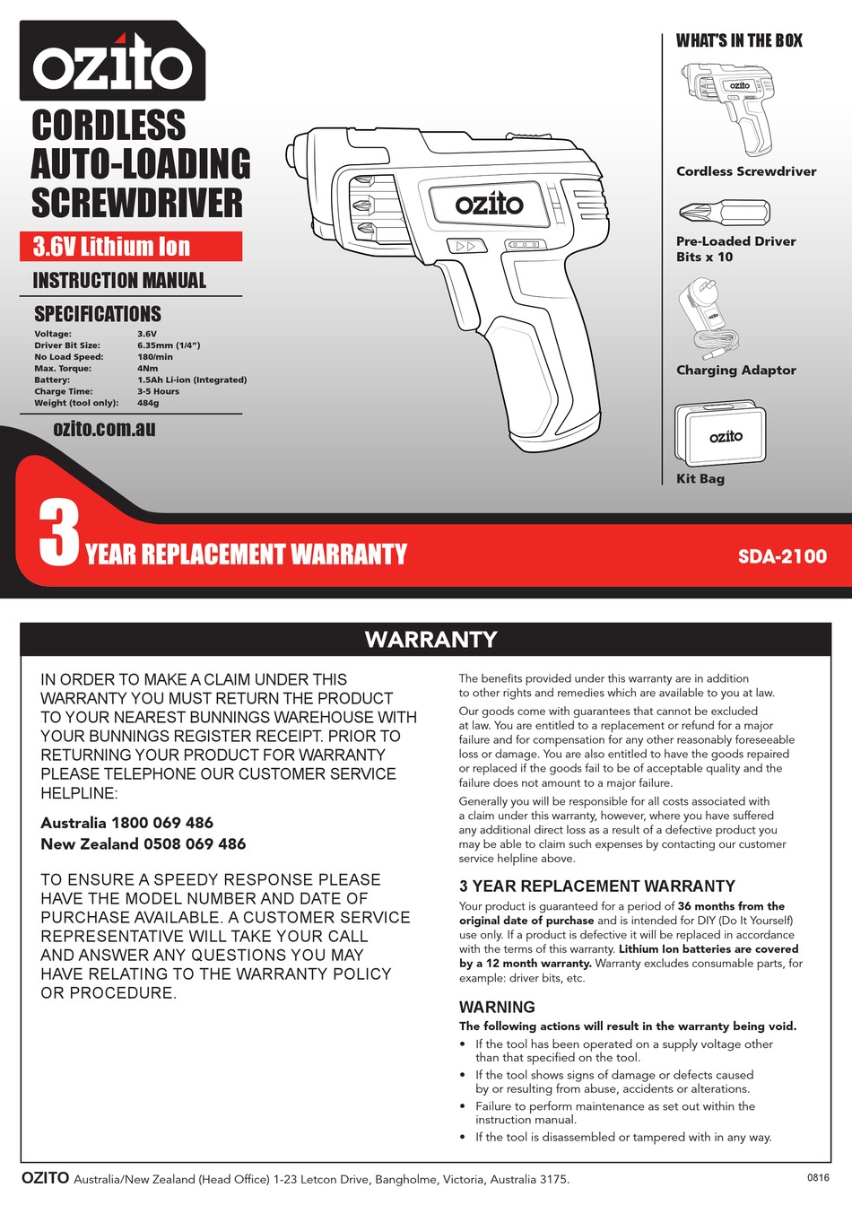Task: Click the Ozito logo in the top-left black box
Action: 112,63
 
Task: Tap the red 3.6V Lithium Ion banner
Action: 131,247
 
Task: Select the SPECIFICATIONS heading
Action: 98,314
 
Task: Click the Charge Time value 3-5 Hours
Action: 158,391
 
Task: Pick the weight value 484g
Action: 148,403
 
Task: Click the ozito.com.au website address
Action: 104,429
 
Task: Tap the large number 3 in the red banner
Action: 59,535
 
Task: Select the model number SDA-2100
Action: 782,556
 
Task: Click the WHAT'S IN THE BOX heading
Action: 739,40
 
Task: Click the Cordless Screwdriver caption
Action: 746,171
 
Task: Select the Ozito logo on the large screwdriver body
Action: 489,205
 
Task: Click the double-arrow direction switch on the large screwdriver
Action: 465,246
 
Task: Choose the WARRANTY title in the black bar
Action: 430,639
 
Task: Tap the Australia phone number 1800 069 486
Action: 162,823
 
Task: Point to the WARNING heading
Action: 497,1007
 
